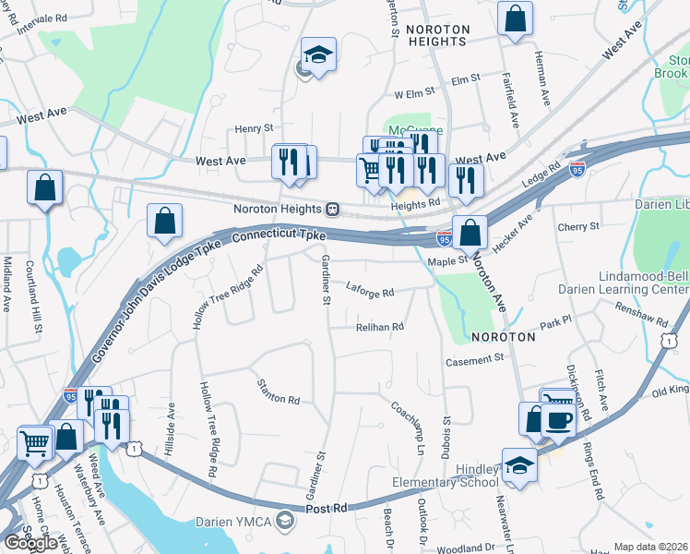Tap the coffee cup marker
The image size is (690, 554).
click(558, 420)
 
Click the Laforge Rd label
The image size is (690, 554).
click(370, 292)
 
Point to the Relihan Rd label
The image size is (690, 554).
click(380, 327)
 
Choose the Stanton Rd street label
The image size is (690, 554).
click(279, 392)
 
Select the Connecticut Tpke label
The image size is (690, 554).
click(275, 237)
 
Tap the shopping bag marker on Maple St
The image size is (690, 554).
click(470, 233)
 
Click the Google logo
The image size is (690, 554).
click(30, 543)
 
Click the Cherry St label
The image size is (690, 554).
click(578, 226)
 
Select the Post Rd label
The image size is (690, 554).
click(327, 508)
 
